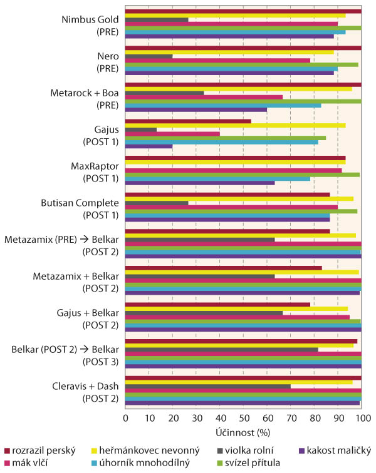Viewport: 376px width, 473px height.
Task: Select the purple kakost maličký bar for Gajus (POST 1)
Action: point(149,146)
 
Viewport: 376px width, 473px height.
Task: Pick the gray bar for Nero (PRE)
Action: point(149,56)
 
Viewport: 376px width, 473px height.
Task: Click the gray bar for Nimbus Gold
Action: point(157,19)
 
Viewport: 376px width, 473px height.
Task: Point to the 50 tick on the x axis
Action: point(243,417)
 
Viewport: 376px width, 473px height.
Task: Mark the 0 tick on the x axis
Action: point(125,417)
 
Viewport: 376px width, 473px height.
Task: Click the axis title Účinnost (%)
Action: point(243,432)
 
